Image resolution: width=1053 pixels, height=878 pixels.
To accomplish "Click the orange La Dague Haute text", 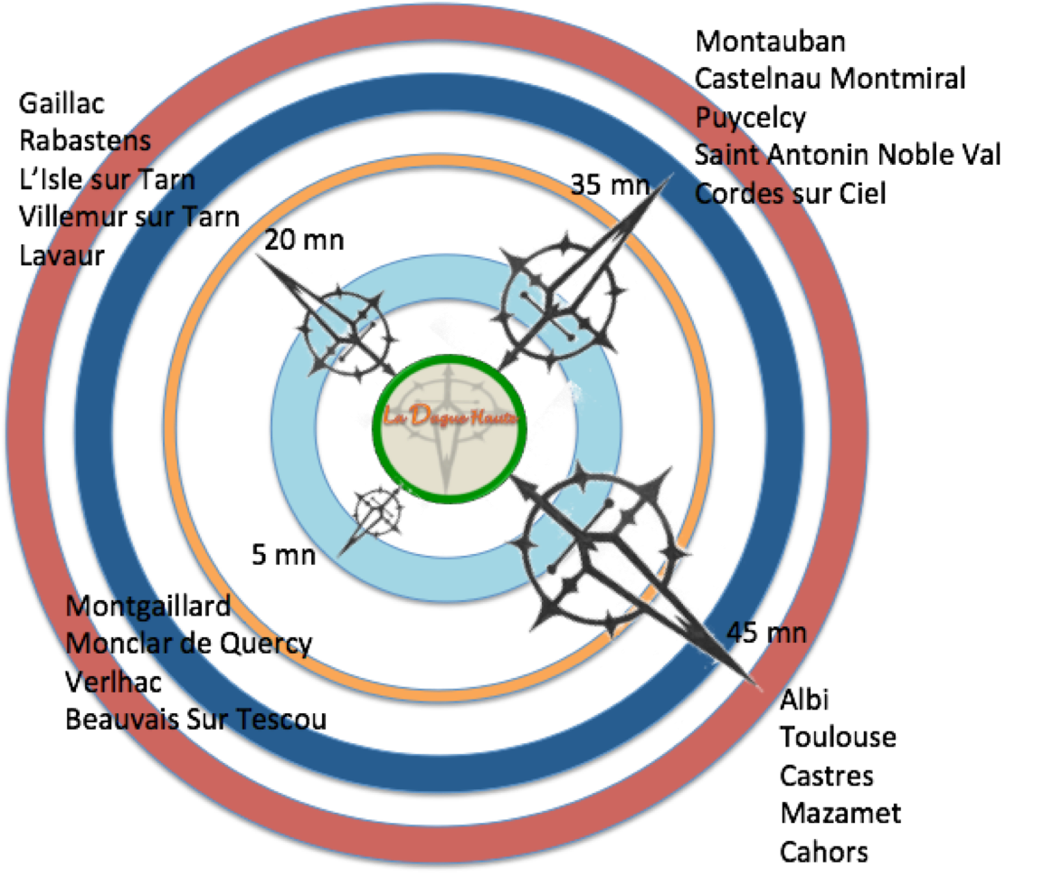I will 450,417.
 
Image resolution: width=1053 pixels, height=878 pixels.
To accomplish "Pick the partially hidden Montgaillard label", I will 145,606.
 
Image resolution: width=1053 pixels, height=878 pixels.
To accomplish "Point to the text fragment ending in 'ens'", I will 127,143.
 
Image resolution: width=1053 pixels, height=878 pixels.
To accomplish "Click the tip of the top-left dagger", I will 253,253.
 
